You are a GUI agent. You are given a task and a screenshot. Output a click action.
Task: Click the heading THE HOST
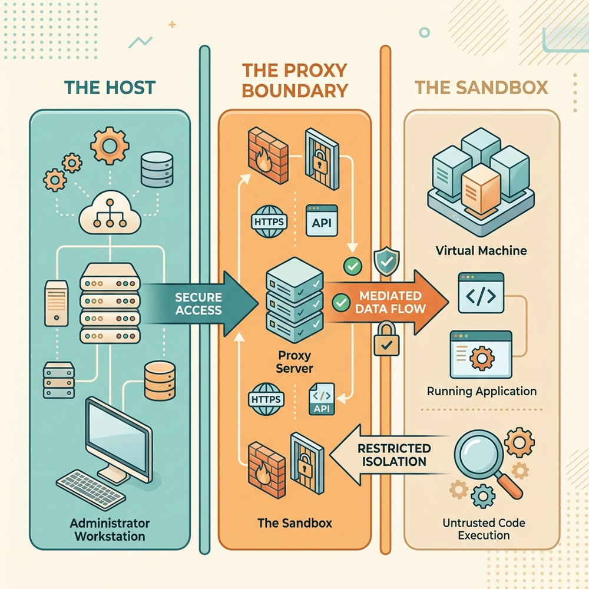[110, 88]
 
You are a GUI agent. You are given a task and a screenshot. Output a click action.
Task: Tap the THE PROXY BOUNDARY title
[294, 80]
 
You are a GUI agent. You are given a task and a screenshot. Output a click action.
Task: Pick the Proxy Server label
[294, 362]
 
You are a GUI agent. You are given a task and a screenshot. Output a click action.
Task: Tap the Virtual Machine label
[481, 250]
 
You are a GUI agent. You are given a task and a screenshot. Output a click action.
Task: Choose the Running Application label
[482, 392]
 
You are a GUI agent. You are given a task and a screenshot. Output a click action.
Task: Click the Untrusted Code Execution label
[484, 529]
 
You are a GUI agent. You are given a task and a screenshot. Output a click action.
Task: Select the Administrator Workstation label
[110, 530]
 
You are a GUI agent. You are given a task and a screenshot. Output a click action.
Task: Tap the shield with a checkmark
[386, 262]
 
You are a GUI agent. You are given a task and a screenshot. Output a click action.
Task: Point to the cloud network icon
[110, 213]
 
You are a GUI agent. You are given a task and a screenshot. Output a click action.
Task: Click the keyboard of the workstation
[91, 489]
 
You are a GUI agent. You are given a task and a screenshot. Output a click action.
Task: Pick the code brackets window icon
[481, 293]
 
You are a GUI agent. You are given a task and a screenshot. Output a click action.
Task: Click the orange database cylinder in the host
[160, 380]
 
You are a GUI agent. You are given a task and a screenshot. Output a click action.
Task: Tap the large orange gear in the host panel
[110, 145]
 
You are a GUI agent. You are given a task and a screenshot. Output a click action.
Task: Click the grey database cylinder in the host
[157, 170]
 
